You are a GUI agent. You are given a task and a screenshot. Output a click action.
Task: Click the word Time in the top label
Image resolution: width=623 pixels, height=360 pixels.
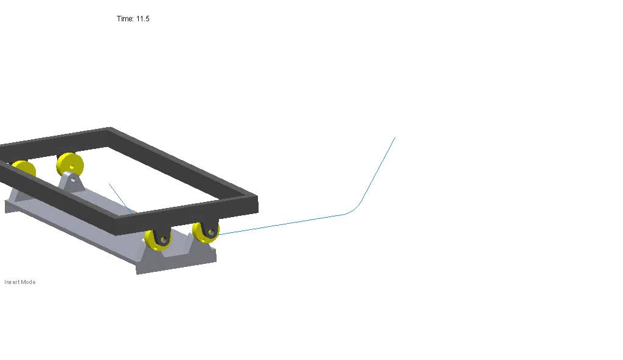(125, 19)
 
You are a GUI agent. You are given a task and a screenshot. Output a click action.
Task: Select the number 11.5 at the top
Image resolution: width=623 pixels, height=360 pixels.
(143, 19)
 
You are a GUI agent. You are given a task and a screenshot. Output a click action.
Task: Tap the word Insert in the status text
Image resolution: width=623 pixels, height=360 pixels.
(12, 282)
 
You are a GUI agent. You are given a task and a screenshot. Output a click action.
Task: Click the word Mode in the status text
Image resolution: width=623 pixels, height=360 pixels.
(28, 282)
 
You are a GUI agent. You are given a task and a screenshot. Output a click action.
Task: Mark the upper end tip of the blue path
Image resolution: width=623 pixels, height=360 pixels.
(395, 138)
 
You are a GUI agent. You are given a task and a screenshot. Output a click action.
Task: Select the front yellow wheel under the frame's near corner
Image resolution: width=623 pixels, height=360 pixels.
(158, 240)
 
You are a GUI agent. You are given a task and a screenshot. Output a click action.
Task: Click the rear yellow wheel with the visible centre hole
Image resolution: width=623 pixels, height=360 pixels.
(69, 165)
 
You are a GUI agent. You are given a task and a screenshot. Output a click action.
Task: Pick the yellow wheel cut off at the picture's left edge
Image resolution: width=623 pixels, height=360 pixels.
(23, 169)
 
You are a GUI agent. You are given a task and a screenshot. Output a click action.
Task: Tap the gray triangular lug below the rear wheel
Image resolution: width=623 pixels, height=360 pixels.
(72, 182)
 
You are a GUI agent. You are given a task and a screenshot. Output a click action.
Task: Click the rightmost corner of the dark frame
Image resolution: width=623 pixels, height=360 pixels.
(256, 199)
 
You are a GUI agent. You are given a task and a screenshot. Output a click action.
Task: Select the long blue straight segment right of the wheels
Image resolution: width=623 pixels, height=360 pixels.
(286, 223)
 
